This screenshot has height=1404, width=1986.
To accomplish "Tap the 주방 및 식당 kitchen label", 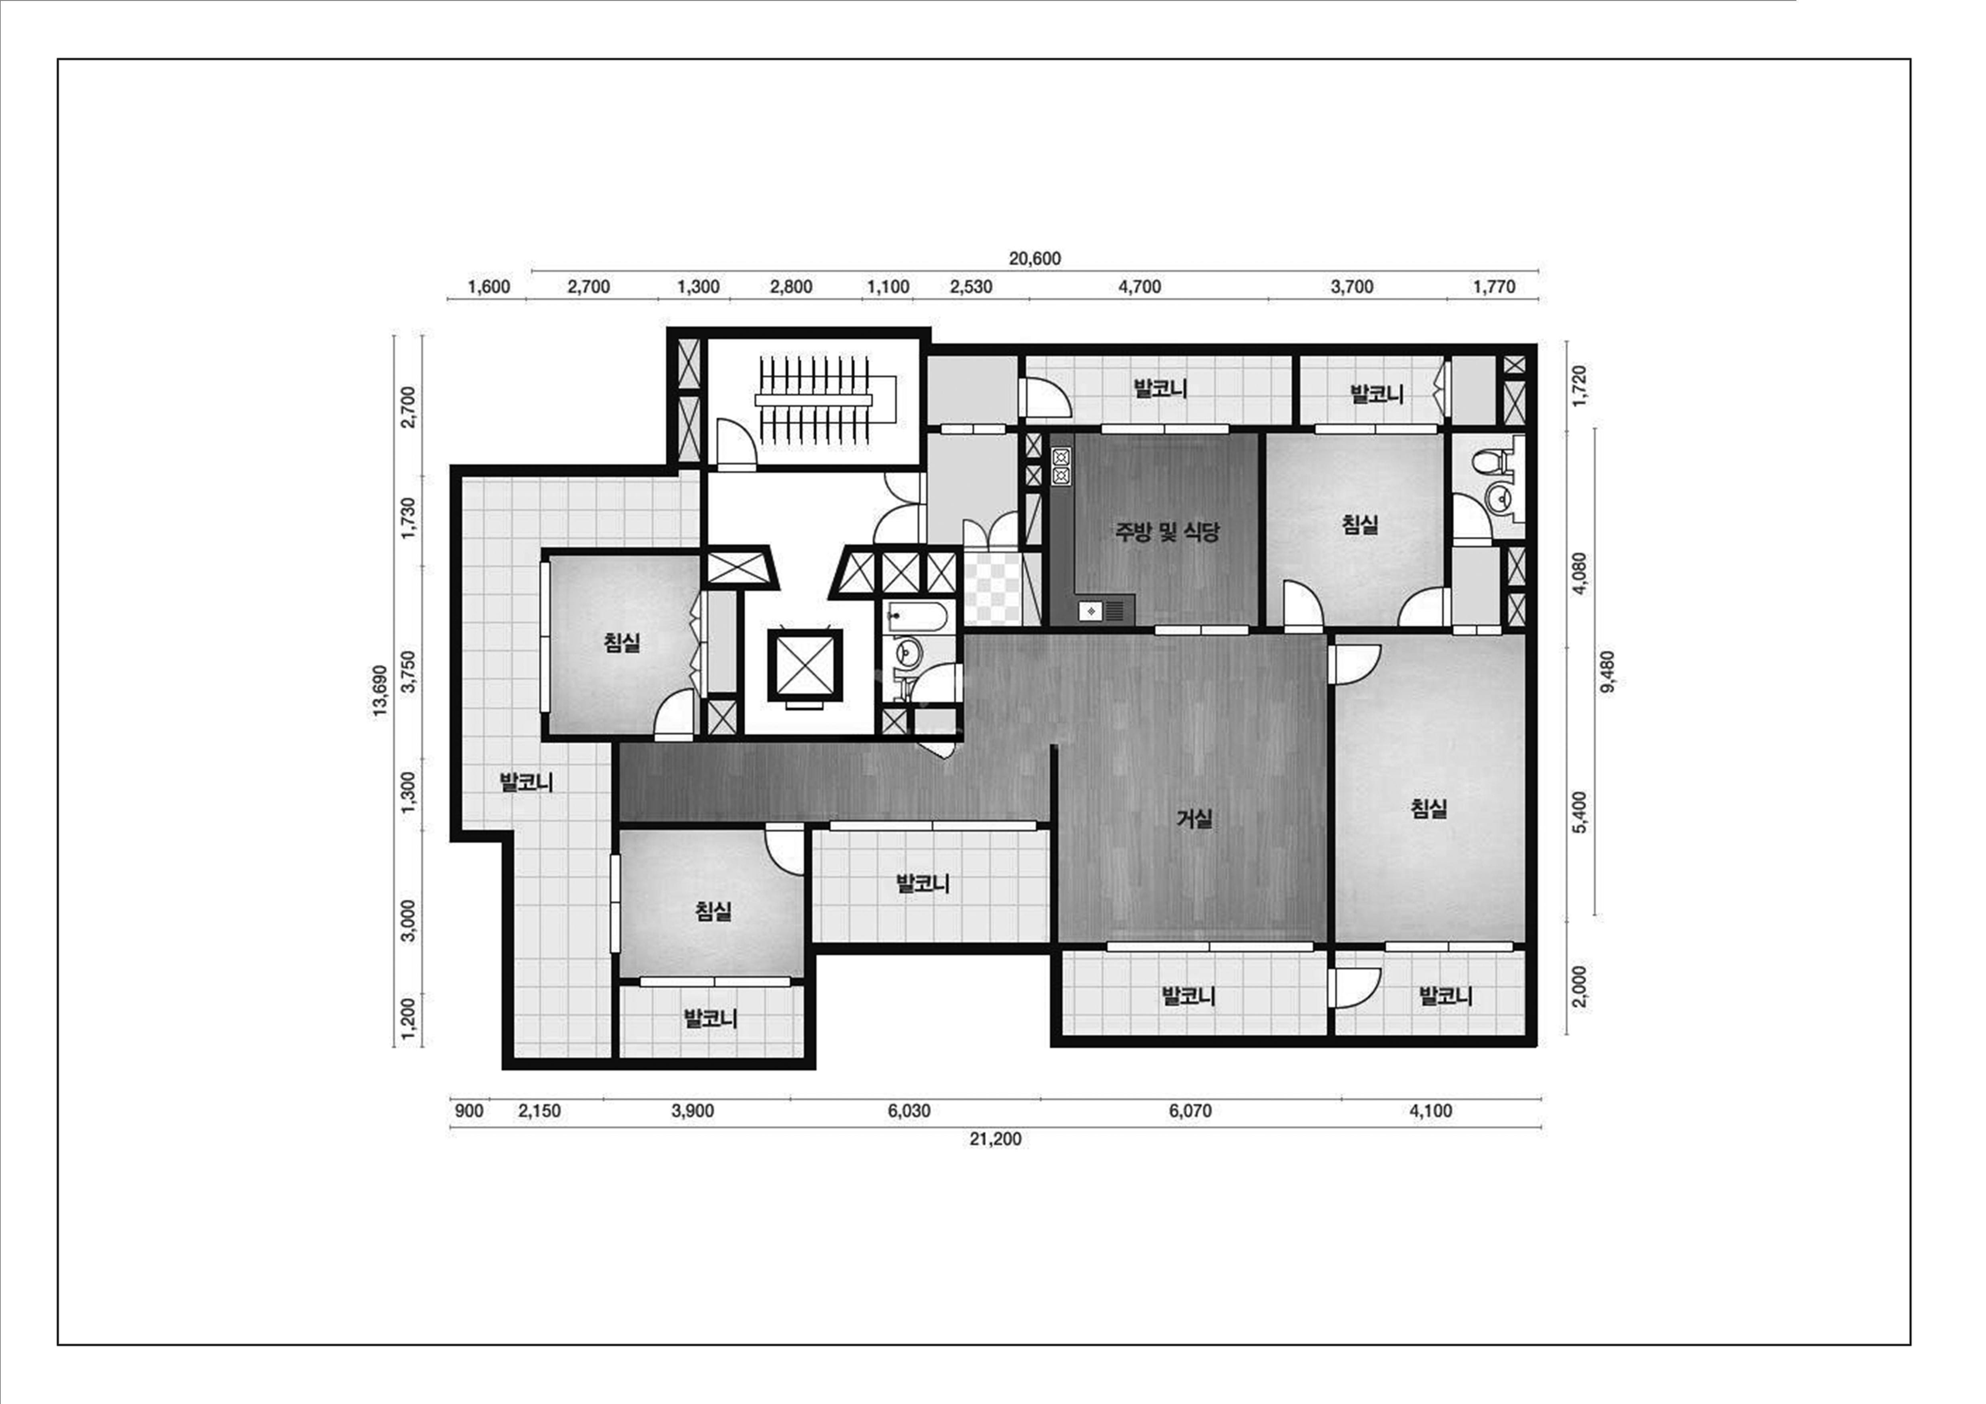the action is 1167,532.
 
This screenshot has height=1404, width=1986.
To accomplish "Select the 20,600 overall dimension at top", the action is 1034,259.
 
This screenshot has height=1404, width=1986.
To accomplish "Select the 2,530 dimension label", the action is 970,286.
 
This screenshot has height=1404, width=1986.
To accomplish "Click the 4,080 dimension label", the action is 1579,573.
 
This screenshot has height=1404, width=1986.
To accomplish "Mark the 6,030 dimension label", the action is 909,1111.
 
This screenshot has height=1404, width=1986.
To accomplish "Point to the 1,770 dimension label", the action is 1494,286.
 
